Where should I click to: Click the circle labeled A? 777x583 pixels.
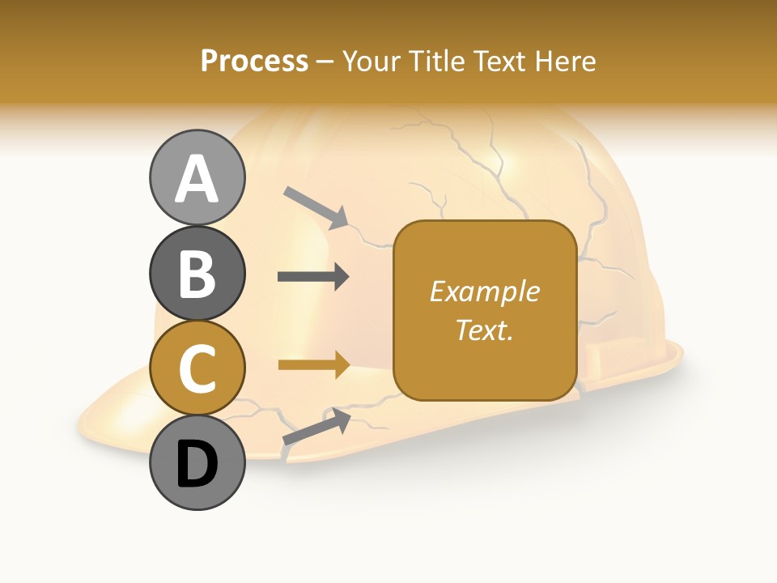197,178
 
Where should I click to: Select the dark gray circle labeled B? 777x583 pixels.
197,273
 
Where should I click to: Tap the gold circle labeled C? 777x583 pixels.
197,368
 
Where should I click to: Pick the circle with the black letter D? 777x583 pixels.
197,463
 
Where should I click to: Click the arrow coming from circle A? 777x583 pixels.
316,206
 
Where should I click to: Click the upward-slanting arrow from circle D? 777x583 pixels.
316,427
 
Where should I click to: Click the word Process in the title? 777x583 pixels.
254,62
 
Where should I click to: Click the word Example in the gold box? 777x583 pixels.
484,292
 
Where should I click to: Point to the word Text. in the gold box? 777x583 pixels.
484,330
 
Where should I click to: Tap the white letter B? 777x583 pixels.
197,274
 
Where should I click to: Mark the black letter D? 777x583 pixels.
197,465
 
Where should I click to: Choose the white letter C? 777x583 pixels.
197,369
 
